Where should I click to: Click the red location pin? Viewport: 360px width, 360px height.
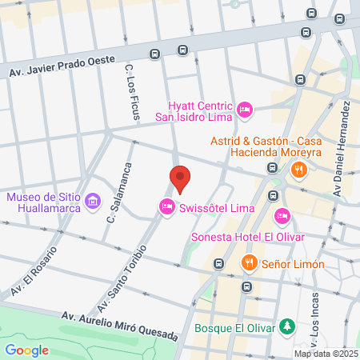tap(180, 178)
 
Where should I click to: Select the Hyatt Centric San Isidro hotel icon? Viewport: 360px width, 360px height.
tap(245, 109)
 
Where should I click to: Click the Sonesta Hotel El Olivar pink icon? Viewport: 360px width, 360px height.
tap(282, 215)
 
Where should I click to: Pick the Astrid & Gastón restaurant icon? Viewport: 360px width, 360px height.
tap(298, 169)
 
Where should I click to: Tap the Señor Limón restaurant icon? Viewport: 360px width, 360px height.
tap(250, 263)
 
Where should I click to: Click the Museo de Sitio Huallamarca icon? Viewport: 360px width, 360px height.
tap(94, 198)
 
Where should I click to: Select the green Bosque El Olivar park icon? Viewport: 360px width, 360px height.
tap(286, 327)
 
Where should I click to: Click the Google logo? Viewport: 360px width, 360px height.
tap(26, 350)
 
